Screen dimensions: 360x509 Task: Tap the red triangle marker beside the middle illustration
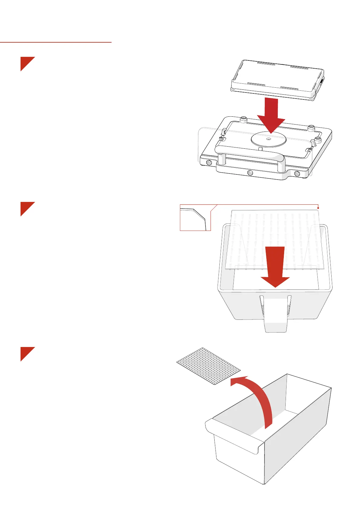click(26, 207)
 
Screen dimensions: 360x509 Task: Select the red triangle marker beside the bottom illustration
click(26, 352)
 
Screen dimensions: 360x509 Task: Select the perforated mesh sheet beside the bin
click(208, 366)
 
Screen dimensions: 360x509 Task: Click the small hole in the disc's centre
click(269, 139)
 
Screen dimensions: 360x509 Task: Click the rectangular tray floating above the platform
click(277, 79)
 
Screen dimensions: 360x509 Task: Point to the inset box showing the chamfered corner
click(195, 218)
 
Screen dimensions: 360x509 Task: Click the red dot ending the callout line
click(319, 208)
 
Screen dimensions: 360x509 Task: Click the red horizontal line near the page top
click(56, 42)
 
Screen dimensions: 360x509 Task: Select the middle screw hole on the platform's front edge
click(250, 173)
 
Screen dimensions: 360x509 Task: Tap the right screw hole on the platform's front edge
click(297, 174)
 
